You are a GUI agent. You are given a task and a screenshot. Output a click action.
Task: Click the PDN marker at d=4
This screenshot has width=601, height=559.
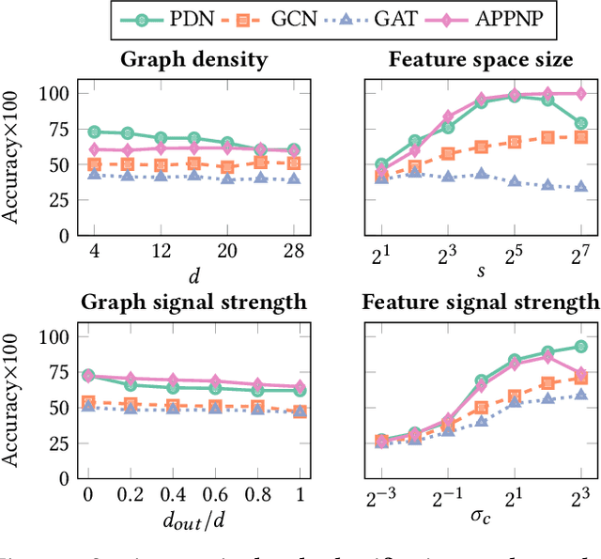pyautogui.click(x=95, y=132)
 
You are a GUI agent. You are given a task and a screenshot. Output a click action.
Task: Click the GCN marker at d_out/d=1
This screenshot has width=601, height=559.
pyautogui.click(x=300, y=411)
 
